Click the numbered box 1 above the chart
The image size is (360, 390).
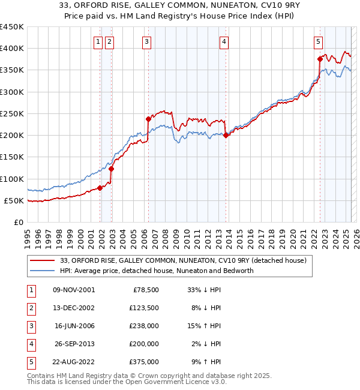pos(98,42)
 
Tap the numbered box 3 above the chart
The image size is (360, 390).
pos(146,42)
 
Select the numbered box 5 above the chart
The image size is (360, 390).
pos(318,42)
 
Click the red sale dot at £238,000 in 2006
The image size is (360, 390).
pos(148,119)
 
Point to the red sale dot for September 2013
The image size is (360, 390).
pos(226,135)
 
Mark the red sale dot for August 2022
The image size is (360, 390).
pos(320,59)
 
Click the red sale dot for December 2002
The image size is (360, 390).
pos(111,169)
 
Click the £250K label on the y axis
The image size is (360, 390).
pos(12,113)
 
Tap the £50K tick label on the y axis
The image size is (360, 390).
pos(14,200)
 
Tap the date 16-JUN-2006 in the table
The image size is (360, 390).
pos(74,326)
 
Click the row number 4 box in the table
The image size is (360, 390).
pos(31,344)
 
